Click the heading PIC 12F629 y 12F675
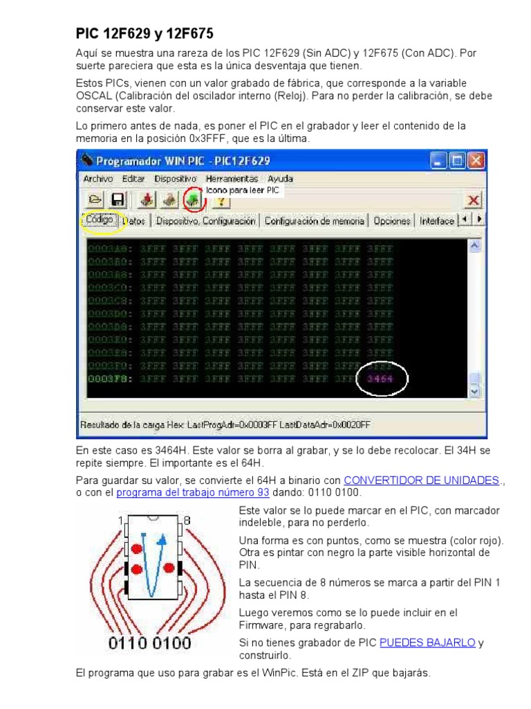[145, 33]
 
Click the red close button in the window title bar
[476, 161]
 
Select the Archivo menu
[97, 179]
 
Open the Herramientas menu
[231, 179]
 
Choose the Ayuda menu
[281, 179]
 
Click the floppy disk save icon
[117, 200]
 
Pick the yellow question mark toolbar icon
[221, 201]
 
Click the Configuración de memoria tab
[315, 222]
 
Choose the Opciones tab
[392, 222]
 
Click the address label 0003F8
[110, 379]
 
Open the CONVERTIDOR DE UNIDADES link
[422, 480]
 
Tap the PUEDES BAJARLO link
[427, 643]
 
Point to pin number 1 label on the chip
[120, 521]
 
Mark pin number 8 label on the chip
[186, 521]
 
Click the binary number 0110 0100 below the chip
[149, 643]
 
